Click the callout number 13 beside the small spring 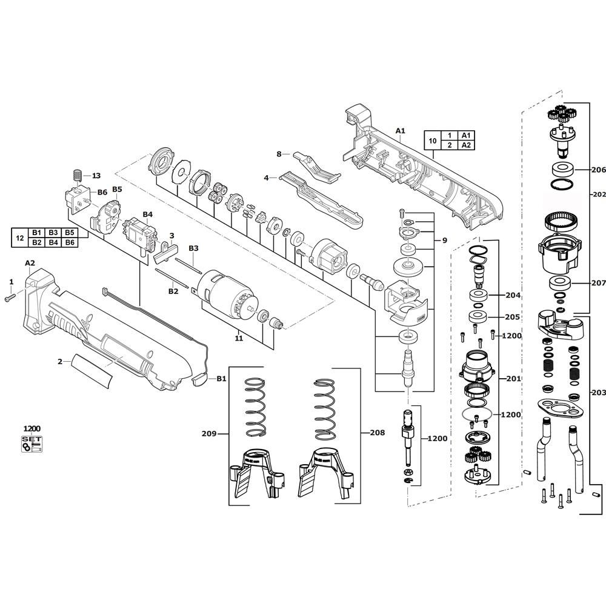pyautogui.click(x=96, y=176)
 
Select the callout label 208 pyautogui.click(x=377, y=433)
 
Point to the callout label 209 pyautogui.click(x=209, y=434)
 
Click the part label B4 pyautogui.click(x=148, y=215)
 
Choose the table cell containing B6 pyautogui.click(x=70, y=242)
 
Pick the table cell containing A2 pyautogui.click(x=467, y=145)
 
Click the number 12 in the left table pyautogui.click(x=20, y=238)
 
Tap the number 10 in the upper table pyautogui.click(x=433, y=141)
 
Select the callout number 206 pyautogui.click(x=598, y=169)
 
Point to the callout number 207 pyautogui.click(x=598, y=283)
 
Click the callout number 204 pyautogui.click(x=513, y=295)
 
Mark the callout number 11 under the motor pyautogui.click(x=239, y=338)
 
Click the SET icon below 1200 pyautogui.click(x=32, y=444)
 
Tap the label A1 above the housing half pyautogui.click(x=401, y=131)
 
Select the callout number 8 pyautogui.click(x=279, y=154)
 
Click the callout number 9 pyautogui.click(x=444, y=241)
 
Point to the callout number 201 pyautogui.click(x=514, y=379)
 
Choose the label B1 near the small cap pyautogui.click(x=221, y=379)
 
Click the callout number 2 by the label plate pyautogui.click(x=60, y=362)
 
